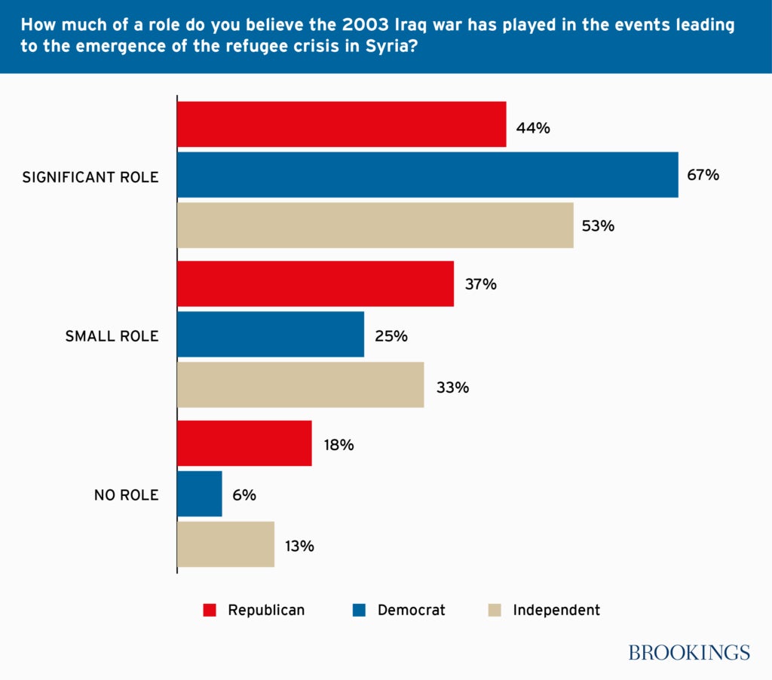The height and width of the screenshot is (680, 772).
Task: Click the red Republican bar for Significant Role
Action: point(342,124)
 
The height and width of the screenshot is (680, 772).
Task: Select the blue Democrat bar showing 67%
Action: point(427,175)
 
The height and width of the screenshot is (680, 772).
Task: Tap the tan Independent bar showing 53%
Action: point(375,225)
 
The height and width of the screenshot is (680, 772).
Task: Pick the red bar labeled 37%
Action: point(315,284)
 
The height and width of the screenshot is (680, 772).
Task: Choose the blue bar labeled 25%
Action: point(271,335)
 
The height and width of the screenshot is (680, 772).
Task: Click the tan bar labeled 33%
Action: point(300,385)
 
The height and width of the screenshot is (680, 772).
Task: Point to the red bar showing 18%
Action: point(244,443)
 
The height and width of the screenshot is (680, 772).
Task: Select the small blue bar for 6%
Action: point(200,494)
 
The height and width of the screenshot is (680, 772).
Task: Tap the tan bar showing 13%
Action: point(225,544)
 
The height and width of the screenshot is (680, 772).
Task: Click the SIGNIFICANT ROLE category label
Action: point(90,177)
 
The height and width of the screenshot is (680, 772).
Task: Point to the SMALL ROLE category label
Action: point(112,336)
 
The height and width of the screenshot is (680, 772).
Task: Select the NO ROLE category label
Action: point(126,495)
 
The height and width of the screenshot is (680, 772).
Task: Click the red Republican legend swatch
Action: point(210,610)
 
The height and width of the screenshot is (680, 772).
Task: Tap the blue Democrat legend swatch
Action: point(360,610)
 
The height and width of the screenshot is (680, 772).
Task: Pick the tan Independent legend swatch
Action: point(495,610)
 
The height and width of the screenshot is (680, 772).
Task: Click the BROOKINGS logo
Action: point(689,652)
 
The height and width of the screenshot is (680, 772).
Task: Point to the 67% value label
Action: point(703,175)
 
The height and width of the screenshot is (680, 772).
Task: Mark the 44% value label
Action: point(533,128)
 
